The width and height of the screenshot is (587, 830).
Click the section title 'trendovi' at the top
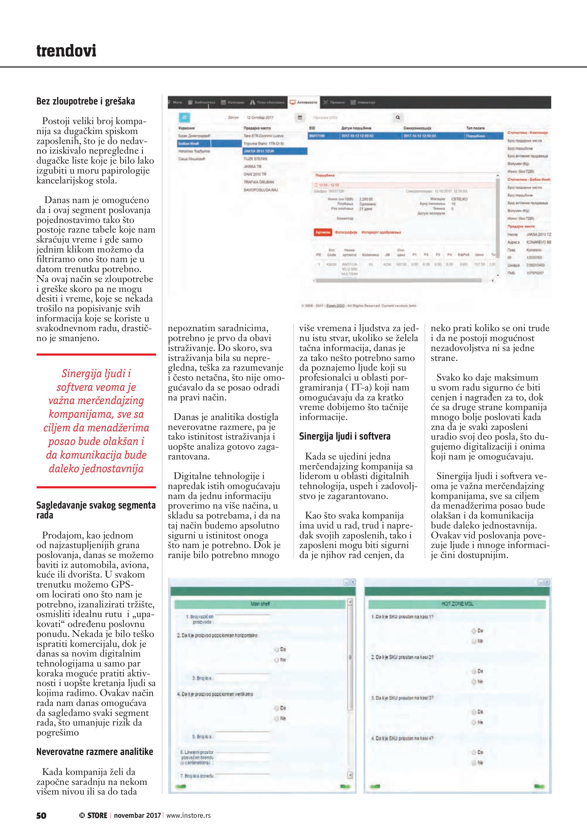click(66, 51)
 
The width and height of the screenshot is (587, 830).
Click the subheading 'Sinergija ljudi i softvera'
click(344, 436)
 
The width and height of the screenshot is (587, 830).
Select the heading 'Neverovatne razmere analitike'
click(95, 752)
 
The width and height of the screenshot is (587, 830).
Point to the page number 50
click(41, 816)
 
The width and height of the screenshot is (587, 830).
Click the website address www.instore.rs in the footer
click(188, 816)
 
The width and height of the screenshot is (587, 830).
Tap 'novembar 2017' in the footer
click(137, 816)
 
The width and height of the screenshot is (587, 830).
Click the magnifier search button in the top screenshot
click(398, 118)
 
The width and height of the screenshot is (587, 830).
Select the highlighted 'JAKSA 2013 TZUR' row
click(275, 151)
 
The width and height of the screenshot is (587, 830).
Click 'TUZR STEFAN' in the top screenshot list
click(255, 159)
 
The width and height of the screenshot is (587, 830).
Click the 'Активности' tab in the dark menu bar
click(304, 102)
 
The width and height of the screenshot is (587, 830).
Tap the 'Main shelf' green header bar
click(260, 604)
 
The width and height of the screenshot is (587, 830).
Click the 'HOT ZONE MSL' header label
click(457, 604)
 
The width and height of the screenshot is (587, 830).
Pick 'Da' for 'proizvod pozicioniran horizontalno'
click(277, 649)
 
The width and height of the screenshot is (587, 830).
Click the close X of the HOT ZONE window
click(547, 582)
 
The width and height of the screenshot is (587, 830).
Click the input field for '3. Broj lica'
click(242, 678)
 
